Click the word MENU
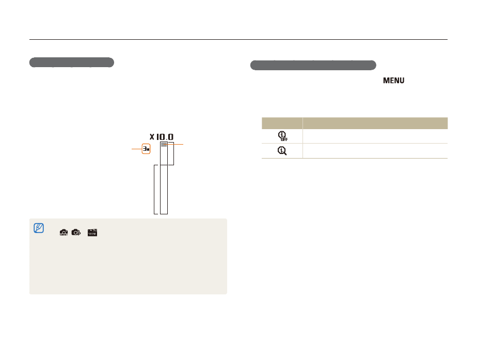[x=394, y=81]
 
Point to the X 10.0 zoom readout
[x=162, y=137]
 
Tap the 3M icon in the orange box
[x=146, y=149]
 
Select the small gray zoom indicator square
[x=164, y=145]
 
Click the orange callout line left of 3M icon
[x=137, y=149]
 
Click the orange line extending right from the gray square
[x=173, y=144]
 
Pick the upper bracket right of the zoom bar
[x=171, y=153]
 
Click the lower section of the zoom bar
[x=164, y=189]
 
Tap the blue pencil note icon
[x=39, y=228]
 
